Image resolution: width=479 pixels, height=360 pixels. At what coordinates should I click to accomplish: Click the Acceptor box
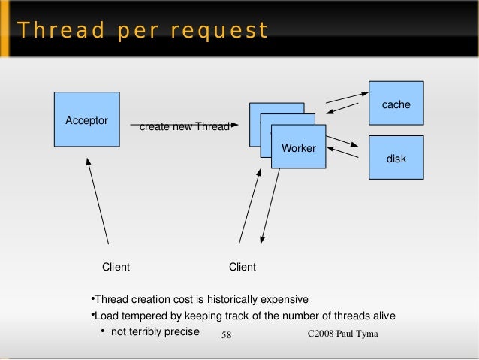coord(87,119)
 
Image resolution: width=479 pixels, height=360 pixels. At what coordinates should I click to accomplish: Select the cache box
coord(396,104)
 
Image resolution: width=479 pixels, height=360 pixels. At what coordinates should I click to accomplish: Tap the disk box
coord(396,158)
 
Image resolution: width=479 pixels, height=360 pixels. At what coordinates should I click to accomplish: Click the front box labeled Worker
coord(298,151)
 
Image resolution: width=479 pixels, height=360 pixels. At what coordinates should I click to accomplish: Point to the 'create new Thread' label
coord(184,126)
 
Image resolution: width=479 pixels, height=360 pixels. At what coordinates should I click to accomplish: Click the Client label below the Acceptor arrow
coord(116,267)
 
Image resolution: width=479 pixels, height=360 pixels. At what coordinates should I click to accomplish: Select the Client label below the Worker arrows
coord(242,267)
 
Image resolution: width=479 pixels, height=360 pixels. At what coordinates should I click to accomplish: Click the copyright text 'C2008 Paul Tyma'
coord(345,332)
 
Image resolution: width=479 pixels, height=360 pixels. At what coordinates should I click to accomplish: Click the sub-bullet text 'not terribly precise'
coord(155,331)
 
